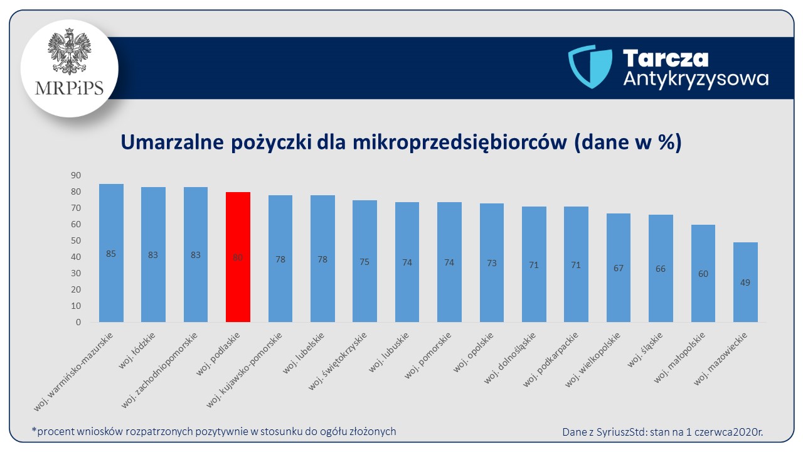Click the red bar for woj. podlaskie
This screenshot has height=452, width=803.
point(238,257)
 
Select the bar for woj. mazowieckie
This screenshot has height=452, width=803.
point(745,282)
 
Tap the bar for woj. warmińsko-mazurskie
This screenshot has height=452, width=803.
point(111,253)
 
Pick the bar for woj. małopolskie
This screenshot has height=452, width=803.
point(703,273)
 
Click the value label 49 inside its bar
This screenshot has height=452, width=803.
point(745,282)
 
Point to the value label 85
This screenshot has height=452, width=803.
point(111,254)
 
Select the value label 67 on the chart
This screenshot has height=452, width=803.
point(619,268)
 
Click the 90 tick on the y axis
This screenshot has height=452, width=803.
point(75,175)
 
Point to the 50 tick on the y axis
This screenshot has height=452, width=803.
point(75,240)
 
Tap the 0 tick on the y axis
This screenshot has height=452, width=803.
point(78,322)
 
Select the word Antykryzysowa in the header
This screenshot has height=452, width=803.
point(695,78)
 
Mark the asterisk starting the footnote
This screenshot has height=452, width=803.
point(33,430)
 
